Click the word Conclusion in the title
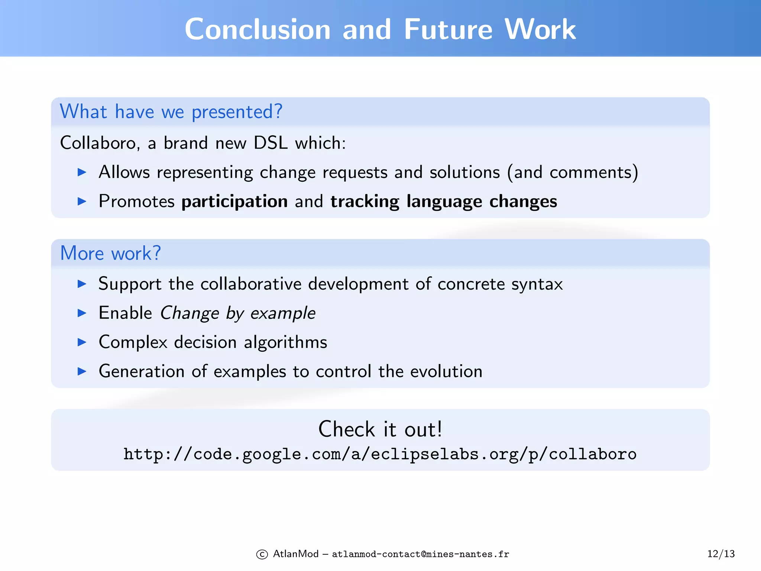tap(258, 30)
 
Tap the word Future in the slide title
tap(448, 30)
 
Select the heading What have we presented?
tap(171, 112)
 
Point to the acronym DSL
tap(271, 143)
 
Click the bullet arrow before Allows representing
tap(82, 172)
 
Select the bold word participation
tap(234, 202)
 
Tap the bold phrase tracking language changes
tap(444, 202)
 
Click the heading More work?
tap(110, 254)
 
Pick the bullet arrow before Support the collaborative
tap(82, 284)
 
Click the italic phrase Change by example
tap(238, 313)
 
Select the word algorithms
tap(285, 342)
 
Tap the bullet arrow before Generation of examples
tap(82, 371)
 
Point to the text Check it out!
tap(380, 429)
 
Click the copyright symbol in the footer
tap(262, 555)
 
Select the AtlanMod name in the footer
tap(296, 554)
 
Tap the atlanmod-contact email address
tap(420, 555)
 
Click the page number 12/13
tap(721, 554)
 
